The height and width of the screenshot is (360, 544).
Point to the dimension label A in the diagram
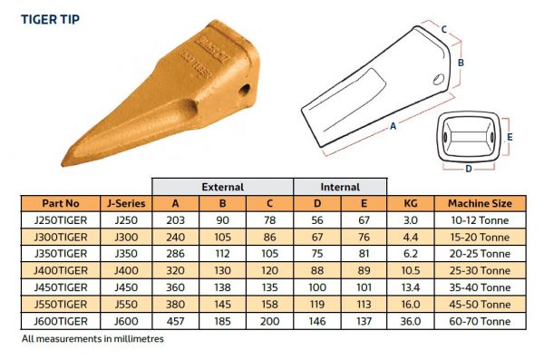tap(393, 127)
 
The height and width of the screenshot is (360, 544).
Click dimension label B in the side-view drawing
tap(461, 63)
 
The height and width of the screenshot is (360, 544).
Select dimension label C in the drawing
tap(443, 29)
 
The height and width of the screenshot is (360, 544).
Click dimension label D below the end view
tap(468, 167)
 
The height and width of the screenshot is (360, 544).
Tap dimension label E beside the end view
tap(510, 136)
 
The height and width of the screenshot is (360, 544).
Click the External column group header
tap(222, 186)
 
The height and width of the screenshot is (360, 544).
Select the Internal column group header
tap(341, 186)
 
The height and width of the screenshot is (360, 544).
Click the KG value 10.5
tap(410, 271)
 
